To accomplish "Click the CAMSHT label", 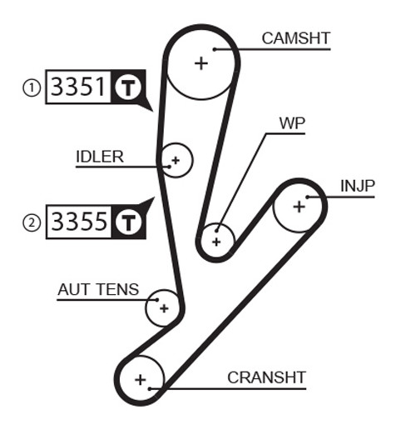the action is tap(296, 38).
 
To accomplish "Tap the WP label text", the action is tap(292, 123).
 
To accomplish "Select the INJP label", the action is tap(358, 186).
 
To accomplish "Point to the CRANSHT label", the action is tap(266, 377).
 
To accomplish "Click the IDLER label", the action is tap(100, 157).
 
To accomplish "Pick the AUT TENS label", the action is tap(98, 289).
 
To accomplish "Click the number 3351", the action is tap(79, 87).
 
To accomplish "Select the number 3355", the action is tap(79, 221).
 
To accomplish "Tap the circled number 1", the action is tap(32, 87).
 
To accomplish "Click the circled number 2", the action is tap(32, 222).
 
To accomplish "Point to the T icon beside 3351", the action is tap(128, 87).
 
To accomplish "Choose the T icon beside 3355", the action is tap(128, 222).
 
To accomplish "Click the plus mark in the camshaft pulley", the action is tap(201, 63).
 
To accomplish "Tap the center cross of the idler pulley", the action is tap(176, 160).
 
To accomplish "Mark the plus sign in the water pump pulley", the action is tap(216, 242).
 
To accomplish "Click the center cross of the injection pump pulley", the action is tap(299, 207).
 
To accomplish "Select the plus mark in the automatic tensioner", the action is tap(164, 308).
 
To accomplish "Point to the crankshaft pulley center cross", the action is tap(141, 380).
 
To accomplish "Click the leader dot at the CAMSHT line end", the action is tap(215, 49).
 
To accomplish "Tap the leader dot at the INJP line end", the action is tap(307, 197).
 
